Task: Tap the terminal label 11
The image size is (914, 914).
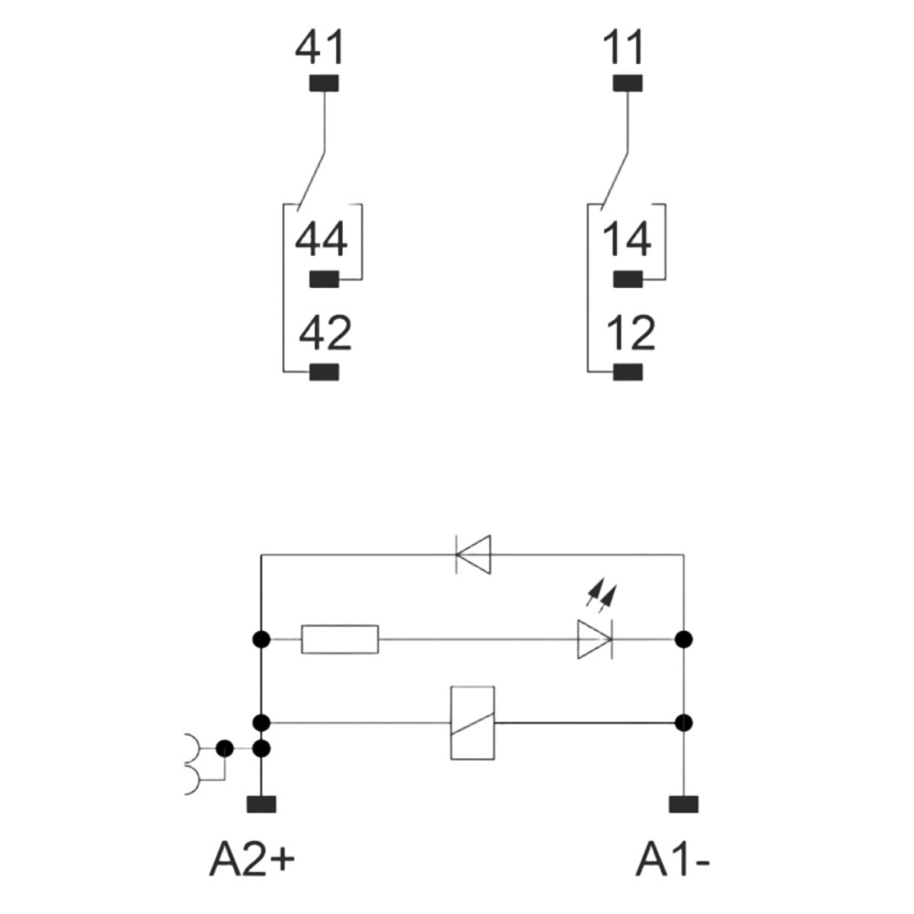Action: coord(623,47)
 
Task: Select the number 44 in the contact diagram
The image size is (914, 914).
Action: coord(321,239)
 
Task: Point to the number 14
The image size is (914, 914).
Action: coord(627,239)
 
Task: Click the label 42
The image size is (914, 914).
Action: coord(325,334)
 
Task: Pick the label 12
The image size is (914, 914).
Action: coord(631,334)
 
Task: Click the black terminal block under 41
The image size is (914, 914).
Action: coord(324,83)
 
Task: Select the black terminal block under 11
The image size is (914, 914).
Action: coord(628,83)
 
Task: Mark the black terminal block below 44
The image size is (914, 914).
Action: coord(324,279)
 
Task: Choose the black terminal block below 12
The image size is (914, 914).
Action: coord(628,372)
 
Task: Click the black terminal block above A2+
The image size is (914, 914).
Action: coord(261,804)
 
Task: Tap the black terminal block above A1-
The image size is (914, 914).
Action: coord(683,804)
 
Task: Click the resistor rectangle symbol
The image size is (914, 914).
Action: coord(340,639)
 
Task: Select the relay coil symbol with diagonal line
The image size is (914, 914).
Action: coord(472,724)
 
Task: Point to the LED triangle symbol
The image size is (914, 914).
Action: coord(595,639)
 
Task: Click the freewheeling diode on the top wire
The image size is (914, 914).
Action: coord(473,554)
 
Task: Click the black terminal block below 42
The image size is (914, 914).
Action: coord(324,372)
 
